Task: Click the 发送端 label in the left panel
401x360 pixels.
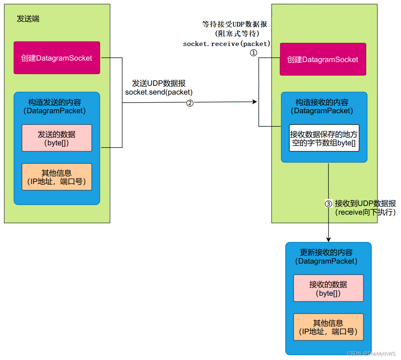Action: pyautogui.click(x=28, y=19)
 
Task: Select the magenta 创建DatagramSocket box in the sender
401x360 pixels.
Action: pyautogui.click(x=57, y=58)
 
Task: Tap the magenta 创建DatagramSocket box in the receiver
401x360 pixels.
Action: pyautogui.click(x=323, y=59)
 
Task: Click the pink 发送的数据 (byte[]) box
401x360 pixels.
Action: pyautogui.click(x=57, y=138)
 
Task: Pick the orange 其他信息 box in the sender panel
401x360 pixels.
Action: pyautogui.click(x=57, y=177)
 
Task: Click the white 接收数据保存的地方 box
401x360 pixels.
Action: pyautogui.click(x=324, y=138)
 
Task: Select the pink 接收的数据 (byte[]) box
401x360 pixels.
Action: pyautogui.click(x=328, y=288)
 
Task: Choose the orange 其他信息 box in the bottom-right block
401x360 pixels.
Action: pyautogui.click(x=328, y=327)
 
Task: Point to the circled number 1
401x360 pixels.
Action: pyautogui.click(x=253, y=53)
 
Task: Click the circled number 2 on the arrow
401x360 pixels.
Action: pyautogui.click(x=190, y=103)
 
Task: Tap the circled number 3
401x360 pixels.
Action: pyautogui.click(x=329, y=204)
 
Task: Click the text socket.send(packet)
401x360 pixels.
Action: pyautogui.click(x=159, y=92)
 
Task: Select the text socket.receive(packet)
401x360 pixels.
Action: pyautogui.click(x=227, y=44)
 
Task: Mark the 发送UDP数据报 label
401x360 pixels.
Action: pyautogui.click(x=159, y=84)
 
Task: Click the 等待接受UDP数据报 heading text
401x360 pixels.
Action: pyautogui.click(x=235, y=24)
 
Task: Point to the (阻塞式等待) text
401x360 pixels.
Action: pyautogui.click(x=237, y=34)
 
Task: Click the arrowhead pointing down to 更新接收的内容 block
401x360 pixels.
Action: pyautogui.click(x=328, y=240)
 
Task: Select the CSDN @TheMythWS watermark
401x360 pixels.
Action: pyautogui.click(x=371, y=353)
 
